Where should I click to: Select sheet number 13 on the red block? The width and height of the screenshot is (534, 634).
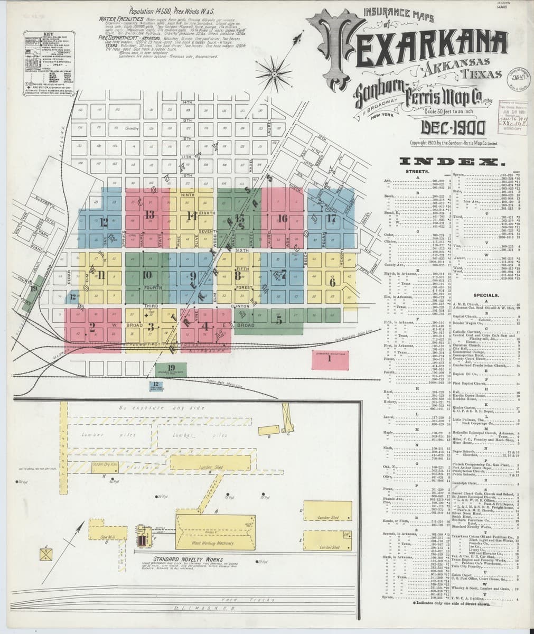(x=149, y=215)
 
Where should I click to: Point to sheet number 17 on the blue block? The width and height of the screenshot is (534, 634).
(x=331, y=218)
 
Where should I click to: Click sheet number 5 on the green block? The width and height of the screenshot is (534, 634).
(x=265, y=319)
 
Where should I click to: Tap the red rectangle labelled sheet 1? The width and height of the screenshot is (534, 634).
(x=330, y=358)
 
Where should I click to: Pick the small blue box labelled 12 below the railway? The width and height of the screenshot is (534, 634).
(x=156, y=386)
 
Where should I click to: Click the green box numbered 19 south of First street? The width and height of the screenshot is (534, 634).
(x=171, y=368)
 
